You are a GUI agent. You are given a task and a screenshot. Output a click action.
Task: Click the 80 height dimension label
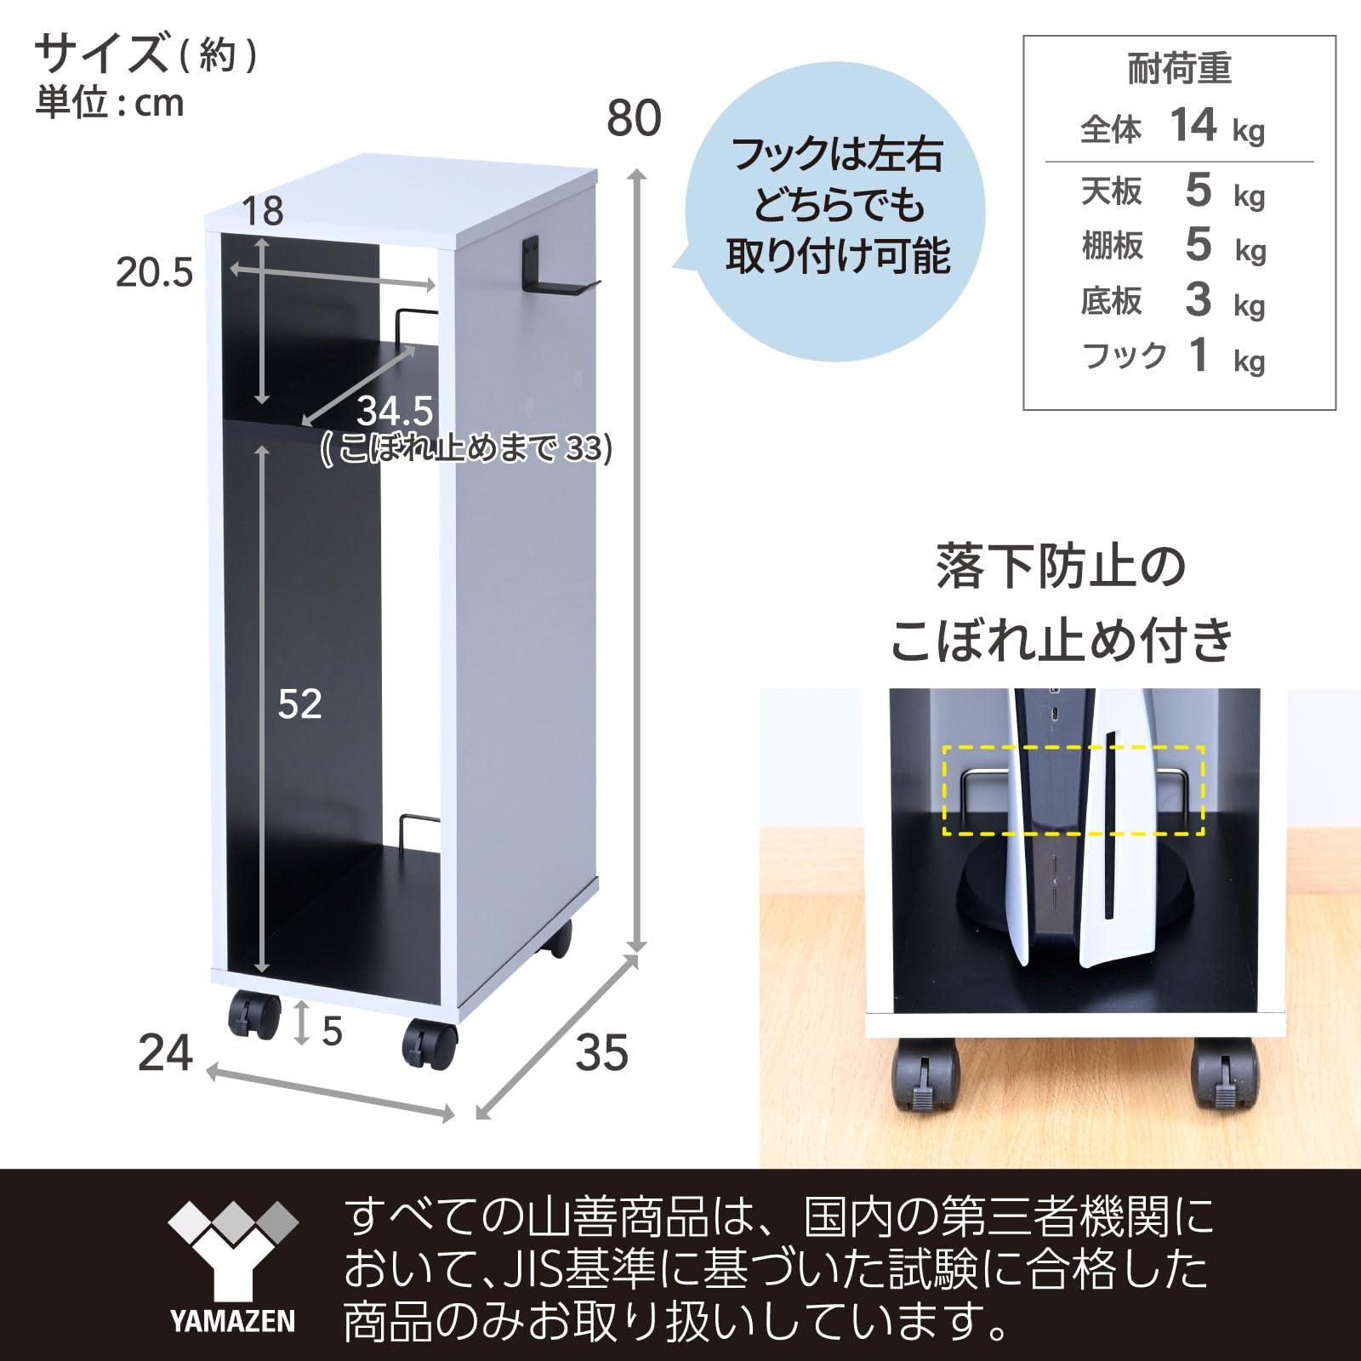coord(634,118)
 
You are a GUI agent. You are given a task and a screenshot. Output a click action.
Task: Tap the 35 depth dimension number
coord(601,1053)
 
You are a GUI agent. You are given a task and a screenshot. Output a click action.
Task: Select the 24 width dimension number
coord(165,1053)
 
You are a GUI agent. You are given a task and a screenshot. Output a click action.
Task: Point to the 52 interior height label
coord(299,704)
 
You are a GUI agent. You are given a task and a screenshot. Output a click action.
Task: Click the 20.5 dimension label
coord(154,273)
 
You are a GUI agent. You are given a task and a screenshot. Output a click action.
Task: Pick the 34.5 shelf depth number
coord(395,412)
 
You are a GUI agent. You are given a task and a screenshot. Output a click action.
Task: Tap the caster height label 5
coord(332,1031)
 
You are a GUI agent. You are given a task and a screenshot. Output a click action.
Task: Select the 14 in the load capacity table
coord(1193,126)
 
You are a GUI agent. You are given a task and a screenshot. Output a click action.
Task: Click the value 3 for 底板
coord(1198,300)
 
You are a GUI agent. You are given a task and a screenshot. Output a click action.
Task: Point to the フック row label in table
coord(1124,356)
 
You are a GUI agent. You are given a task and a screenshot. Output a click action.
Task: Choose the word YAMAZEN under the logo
coord(232,1322)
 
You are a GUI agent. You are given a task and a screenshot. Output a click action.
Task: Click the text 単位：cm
coord(109,103)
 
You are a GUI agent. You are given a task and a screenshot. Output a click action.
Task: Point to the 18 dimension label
coord(262,211)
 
